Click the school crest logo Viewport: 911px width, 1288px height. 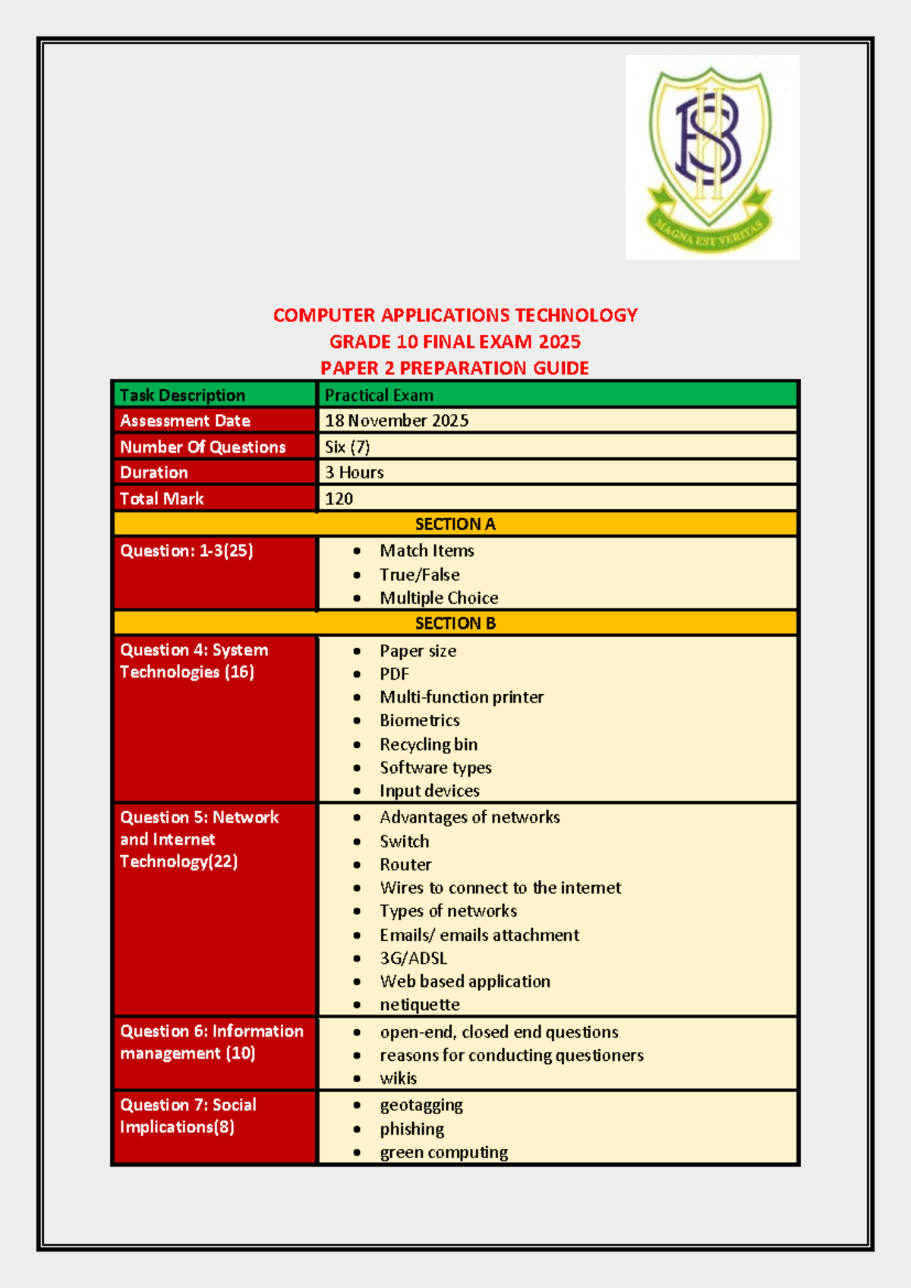pos(711,157)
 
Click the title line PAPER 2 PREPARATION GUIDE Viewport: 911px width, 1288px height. pos(455,368)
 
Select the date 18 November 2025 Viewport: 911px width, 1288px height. pos(396,421)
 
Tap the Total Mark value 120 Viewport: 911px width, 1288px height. pos(339,499)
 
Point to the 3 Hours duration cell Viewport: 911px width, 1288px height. pos(355,472)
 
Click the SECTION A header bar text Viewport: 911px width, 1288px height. pos(455,524)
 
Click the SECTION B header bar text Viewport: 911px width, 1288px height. pos(455,623)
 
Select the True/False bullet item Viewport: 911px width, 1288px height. pos(419,575)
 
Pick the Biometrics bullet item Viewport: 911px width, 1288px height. pos(419,721)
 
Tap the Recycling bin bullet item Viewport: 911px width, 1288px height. pos(428,744)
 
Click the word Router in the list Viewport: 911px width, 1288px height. pos(405,865)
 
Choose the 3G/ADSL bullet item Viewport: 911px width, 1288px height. pos(413,958)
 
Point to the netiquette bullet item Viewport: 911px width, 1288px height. pos(419,1005)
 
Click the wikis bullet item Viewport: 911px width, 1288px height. pos(398,1078)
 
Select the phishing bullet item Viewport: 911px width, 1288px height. pos(411,1129)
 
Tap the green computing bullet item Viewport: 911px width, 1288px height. pos(443,1153)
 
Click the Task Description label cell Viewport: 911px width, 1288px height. pos(182,396)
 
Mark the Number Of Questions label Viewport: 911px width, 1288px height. pos(203,447)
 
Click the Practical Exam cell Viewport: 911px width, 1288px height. pos(379,396)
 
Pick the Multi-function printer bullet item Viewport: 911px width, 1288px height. pos(462,697)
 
